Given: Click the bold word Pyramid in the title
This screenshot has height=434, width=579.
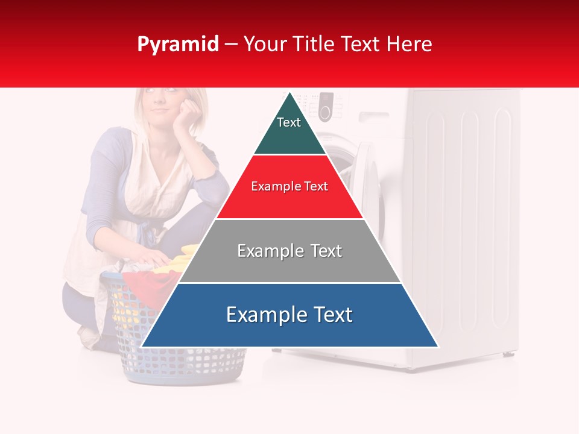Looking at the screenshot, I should point(177,44).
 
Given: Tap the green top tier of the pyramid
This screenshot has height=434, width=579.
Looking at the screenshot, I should point(289,133).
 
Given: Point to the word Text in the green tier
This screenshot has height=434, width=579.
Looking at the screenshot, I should point(288,122).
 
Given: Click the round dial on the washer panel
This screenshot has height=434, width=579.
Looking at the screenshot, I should point(325,112).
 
